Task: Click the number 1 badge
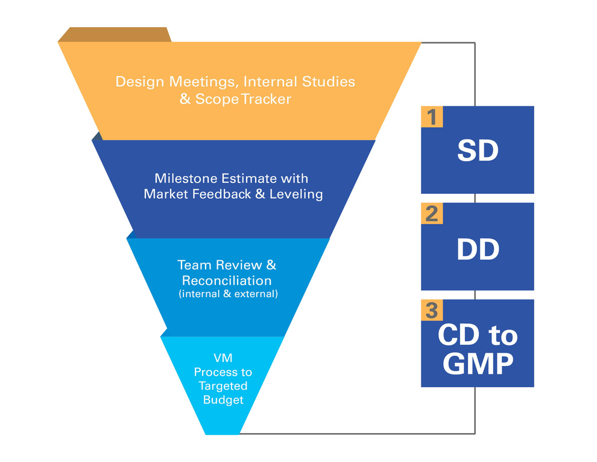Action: pos(432,117)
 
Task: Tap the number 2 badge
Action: pos(432,213)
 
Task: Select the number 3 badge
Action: pos(432,310)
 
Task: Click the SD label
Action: pos(478,151)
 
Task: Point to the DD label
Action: pos(478,249)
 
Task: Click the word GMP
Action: pos(478,364)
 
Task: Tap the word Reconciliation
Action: pos(227,280)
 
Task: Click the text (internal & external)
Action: pos(228,294)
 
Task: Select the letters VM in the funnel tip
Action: pos(223,359)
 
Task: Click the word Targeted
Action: pos(223,386)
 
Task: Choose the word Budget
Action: pos(223,400)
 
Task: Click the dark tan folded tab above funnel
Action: pos(115,34)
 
